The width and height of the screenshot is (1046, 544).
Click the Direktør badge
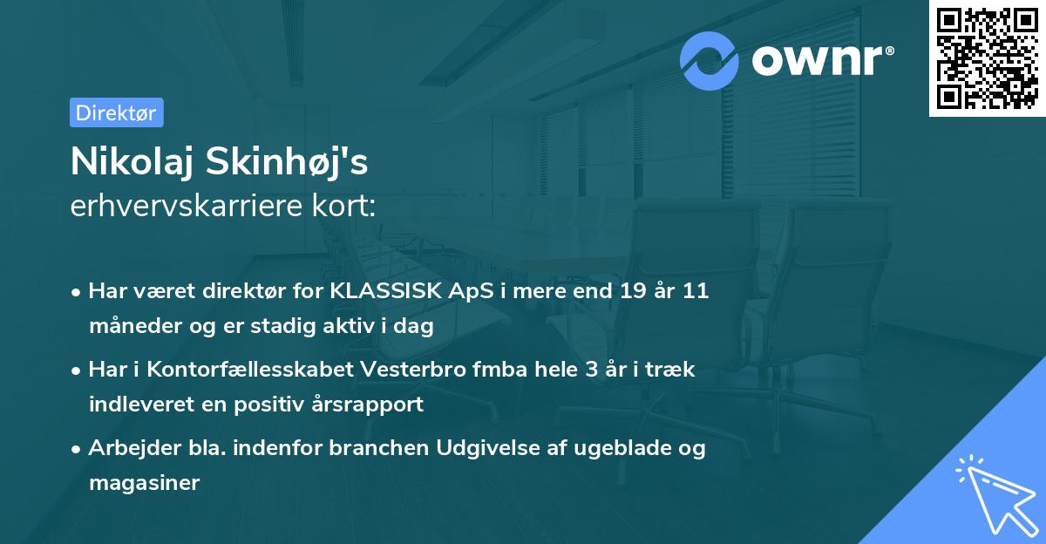pyautogui.click(x=116, y=113)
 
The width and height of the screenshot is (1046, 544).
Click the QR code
pyautogui.click(x=987, y=58)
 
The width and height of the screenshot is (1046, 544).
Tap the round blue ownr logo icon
pyautogui.click(x=710, y=61)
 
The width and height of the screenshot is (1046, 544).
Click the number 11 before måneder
pyautogui.click(x=695, y=291)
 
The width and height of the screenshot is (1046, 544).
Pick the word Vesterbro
pyautogui.click(x=397, y=370)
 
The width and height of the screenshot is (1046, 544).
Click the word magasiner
pyautogui.click(x=144, y=483)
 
